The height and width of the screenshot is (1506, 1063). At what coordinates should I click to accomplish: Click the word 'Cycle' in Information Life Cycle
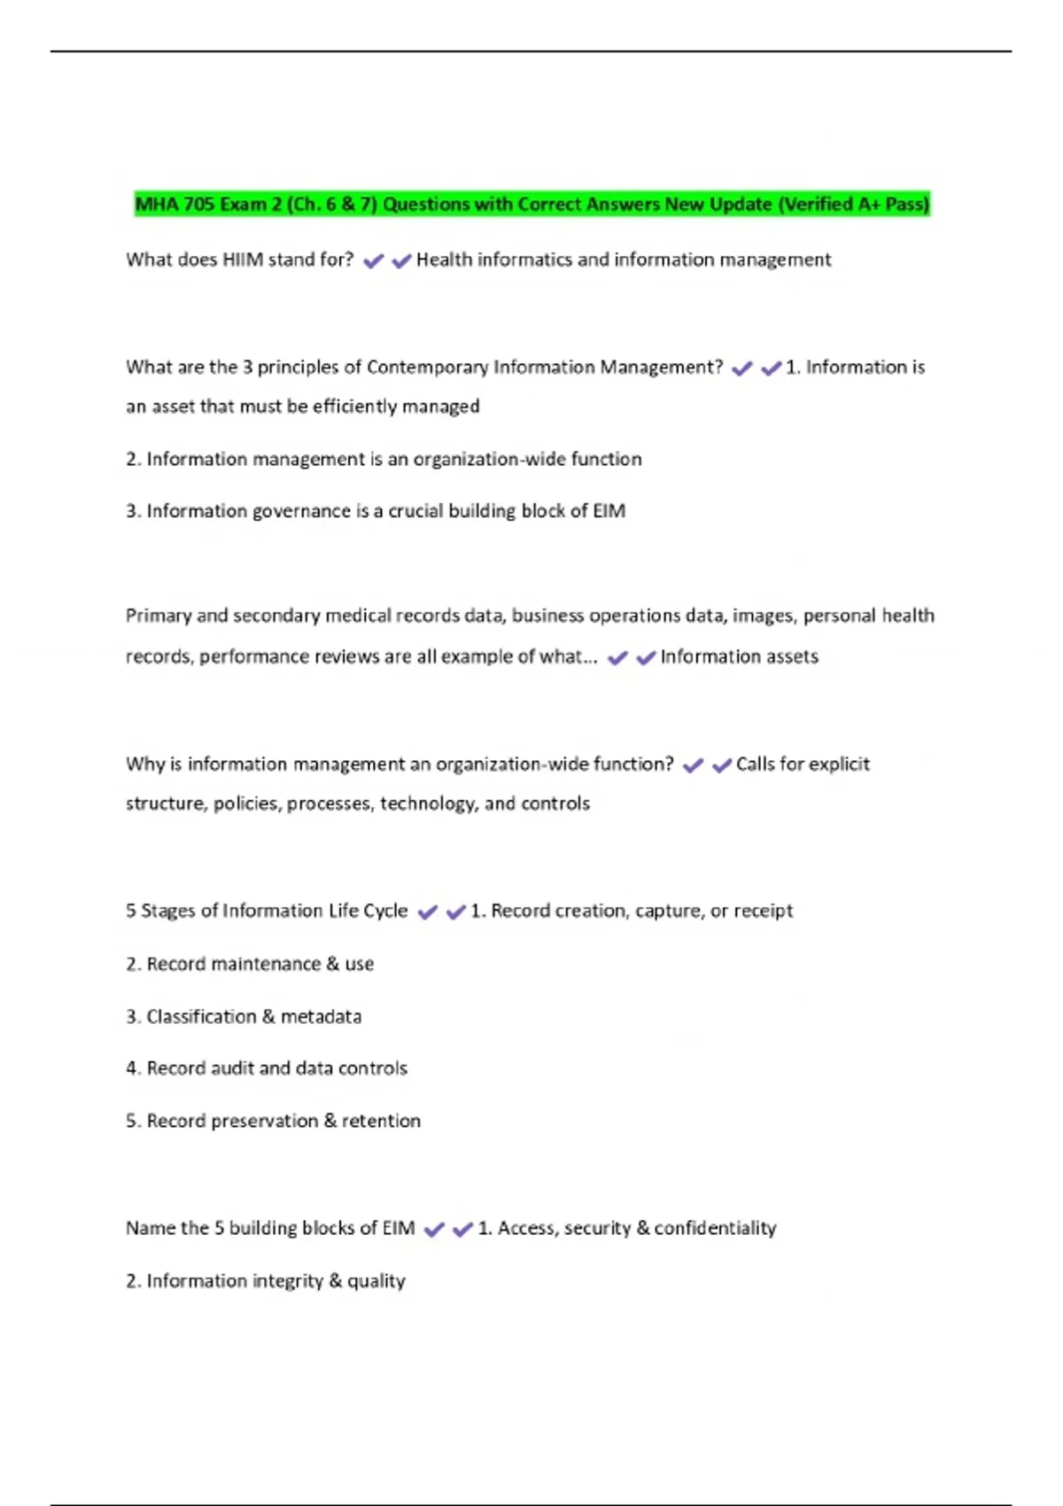(385, 911)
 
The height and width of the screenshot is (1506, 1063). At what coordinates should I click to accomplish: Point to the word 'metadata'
(321, 1016)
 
